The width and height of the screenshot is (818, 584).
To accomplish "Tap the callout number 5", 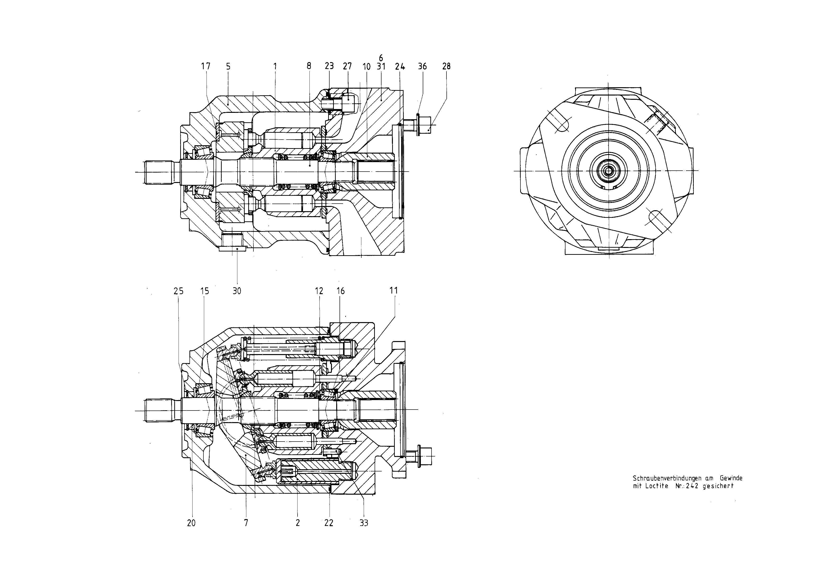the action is click(228, 67).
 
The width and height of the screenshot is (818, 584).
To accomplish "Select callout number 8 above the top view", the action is click(309, 66).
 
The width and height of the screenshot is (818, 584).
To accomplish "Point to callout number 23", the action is click(329, 66).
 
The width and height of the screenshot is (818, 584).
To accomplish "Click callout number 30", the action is click(237, 291).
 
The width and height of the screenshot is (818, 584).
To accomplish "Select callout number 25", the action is click(179, 291).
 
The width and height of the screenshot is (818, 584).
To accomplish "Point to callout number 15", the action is click(205, 291).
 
